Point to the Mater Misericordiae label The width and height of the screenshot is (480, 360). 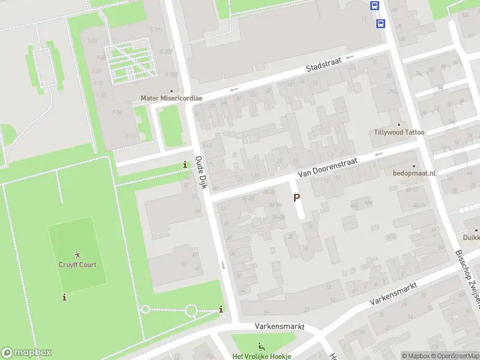tap(172, 98)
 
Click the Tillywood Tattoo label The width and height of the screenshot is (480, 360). tap(399, 133)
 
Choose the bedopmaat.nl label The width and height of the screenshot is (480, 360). tap(414, 173)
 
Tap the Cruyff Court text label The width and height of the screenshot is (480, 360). tap(77, 265)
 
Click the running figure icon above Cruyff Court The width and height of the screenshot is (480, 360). tap(77, 255)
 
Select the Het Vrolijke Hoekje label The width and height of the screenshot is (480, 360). tap(262, 356)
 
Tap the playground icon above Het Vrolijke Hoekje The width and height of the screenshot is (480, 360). tap(261, 346)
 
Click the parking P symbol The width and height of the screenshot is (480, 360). tap(296, 197)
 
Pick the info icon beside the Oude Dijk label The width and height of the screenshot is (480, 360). tap(185, 165)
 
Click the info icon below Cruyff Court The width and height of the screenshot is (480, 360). tap(64, 297)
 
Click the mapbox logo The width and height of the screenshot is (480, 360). tap(26, 353)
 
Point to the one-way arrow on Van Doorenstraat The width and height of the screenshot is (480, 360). tap(378, 154)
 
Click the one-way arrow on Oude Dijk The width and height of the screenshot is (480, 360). tap(223, 265)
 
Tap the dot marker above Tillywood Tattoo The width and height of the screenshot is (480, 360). tap(398, 124)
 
